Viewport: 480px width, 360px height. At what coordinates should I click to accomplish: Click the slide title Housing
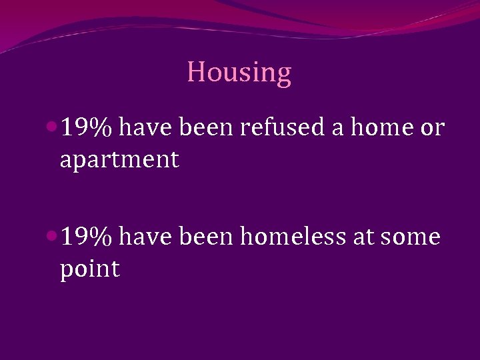(x=239, y=73)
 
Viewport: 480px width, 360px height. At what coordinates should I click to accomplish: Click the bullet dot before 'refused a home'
(x=52, y=126)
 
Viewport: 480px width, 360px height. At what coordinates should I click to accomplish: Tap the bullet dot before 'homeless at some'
(x=52, y=235)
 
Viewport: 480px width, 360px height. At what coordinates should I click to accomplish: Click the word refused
(x=282, y=127)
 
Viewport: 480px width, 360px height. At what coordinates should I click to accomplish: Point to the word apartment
(x=119, y=160)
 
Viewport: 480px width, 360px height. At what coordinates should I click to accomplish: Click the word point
(x=89, y=270)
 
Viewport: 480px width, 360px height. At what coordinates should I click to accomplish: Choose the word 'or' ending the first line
(x=431, y=127)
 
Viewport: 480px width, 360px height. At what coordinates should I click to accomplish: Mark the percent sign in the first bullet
(x=103, y=127)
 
